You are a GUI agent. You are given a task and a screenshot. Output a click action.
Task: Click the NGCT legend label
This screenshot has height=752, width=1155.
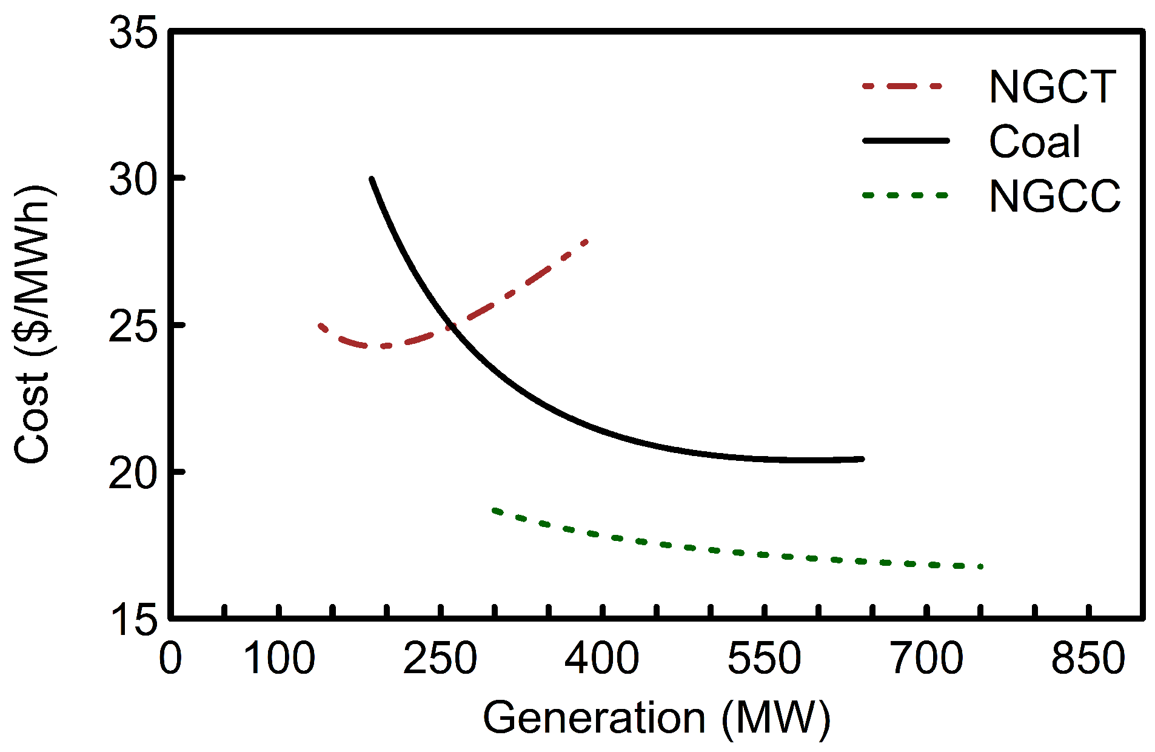pyautogui.click(x=1052, y=87)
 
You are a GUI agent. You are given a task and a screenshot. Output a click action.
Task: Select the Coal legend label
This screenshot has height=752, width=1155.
pyautogui.click(x=1034, y=142)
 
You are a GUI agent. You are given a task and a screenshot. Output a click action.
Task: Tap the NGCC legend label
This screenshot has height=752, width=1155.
pyautogui.click(x=1054, y=196)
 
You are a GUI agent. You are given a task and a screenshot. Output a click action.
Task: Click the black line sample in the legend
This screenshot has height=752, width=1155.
pyautogui.click(x=906, y=141)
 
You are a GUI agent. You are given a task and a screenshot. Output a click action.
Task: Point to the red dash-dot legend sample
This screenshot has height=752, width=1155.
pyautogui.click(x=903, y=86)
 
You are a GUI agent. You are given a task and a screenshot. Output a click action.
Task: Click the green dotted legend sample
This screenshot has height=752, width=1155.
pyautogui.click(x=905, y=195)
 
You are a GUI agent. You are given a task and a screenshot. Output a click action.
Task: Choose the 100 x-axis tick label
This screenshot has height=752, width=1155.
pyautogui.click(x=279, y=659)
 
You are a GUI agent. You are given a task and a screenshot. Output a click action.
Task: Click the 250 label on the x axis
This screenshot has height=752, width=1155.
pyautogui.click(x=440, y=659)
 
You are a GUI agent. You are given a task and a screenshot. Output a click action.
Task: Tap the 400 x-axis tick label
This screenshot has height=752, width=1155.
pyautogui.click(x=602, y=659)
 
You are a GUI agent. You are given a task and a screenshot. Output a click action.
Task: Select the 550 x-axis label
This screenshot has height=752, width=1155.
pyautogui.click(x=765, y=659)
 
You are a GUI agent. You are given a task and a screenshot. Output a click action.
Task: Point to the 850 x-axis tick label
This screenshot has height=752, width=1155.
pyautogui.click(x=1088, y=659)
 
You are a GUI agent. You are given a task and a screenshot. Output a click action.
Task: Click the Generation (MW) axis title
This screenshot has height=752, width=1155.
pyautogui.click(x=656, y=718)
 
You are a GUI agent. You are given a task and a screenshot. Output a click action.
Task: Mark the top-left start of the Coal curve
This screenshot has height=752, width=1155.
pyautogui.click(x=372, y=180)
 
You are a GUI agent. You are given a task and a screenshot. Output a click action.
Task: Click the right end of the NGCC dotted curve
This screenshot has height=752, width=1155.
pyautogui.click(x=980, y=566)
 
